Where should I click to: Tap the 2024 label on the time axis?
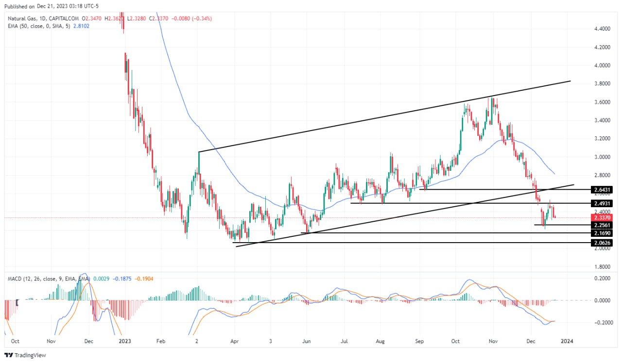[567, 341]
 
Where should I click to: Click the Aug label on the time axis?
[380, 341]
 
